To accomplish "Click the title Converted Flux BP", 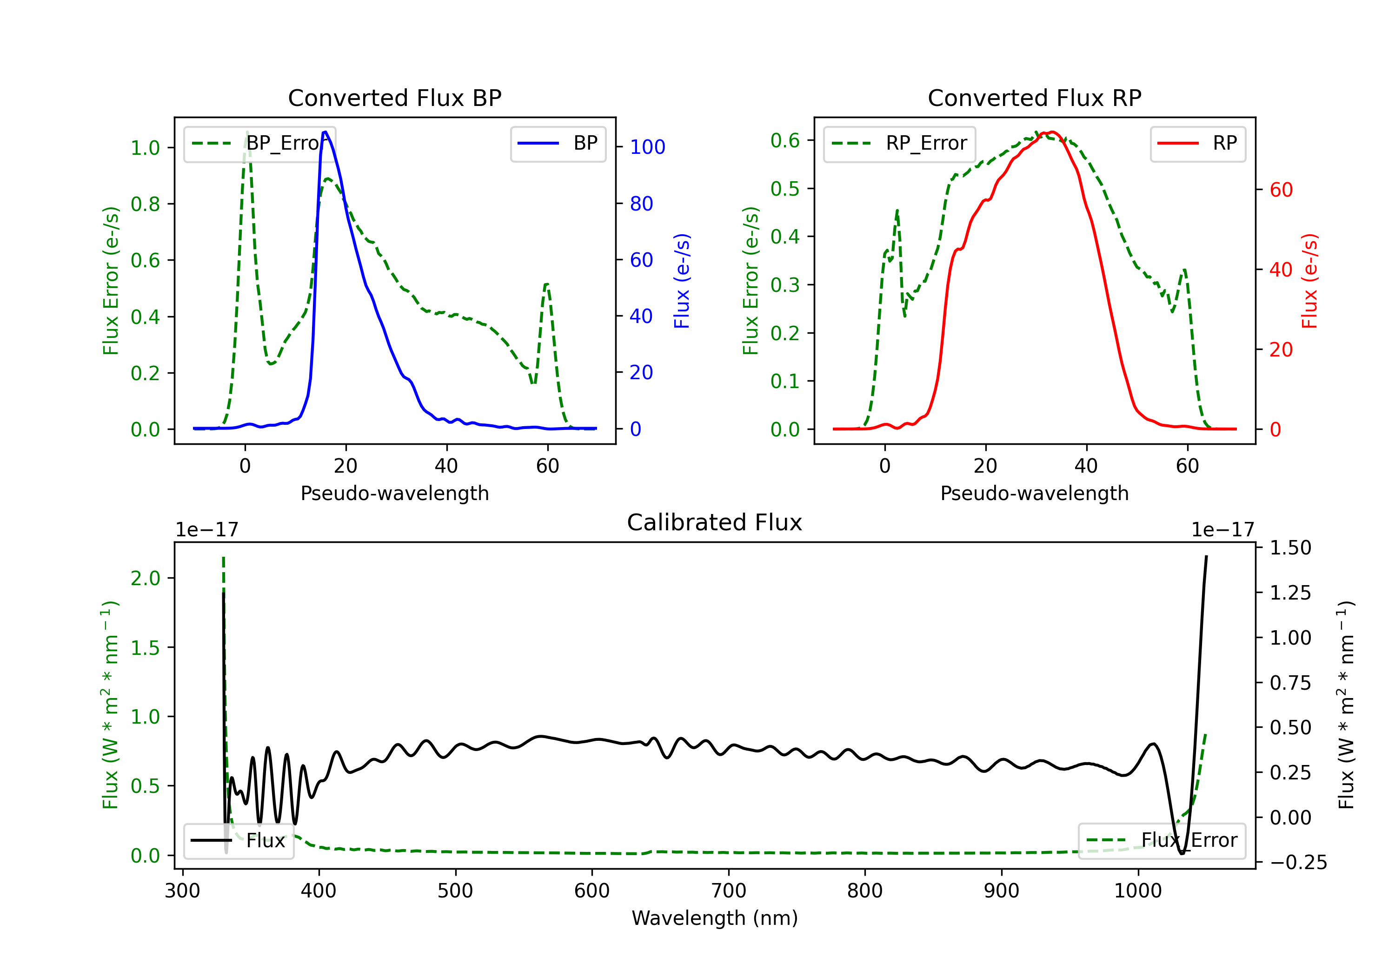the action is [395, 98].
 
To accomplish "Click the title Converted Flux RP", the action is [1035, 98].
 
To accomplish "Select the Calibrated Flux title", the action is [715, 522].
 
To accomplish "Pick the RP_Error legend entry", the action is [899, 143].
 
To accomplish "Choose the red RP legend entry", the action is [1197, 143].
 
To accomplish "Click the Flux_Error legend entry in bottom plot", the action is [1162, 841].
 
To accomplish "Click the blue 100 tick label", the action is [648, 147].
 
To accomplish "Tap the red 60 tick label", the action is [1282, 190].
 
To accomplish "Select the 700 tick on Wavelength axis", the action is [729, 891].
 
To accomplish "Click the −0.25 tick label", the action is [1298, 863].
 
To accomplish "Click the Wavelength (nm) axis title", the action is [715, 918].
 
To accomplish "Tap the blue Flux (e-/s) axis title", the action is [682, 281].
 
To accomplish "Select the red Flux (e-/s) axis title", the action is [1309, 281].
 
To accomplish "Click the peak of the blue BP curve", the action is [325, 132].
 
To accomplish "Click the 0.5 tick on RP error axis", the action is [785, 188].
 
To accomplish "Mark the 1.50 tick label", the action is [1290, 548].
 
